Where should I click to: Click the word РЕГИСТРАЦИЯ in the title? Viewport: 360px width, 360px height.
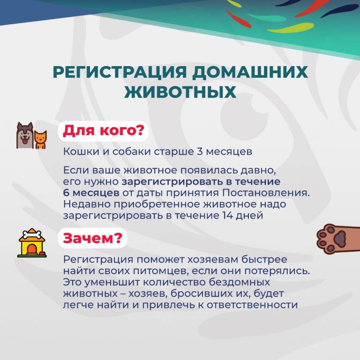[x=120, y=72]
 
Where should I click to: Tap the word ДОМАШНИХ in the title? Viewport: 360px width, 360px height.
[x=250, y=72]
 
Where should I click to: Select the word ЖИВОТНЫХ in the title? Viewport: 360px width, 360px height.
[x=180, y=92]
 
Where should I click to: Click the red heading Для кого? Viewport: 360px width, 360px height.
[x=103, y=131]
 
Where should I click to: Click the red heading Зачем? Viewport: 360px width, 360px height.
[x=92, y=238]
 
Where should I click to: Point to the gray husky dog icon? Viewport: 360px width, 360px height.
[x=25, y=135]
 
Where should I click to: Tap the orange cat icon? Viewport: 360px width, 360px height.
[x=40, y=140]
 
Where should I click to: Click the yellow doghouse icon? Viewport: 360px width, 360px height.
[x=32, y=243]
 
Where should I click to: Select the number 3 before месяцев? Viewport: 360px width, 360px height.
[x=200, y=151]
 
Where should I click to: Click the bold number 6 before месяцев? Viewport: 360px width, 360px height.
[x=66, y=193]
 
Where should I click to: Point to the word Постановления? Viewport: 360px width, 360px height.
[x=266, y=193]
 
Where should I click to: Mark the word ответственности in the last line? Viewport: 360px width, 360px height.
[x=252, y=305]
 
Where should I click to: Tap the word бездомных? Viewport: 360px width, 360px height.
[x=239, y=282]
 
